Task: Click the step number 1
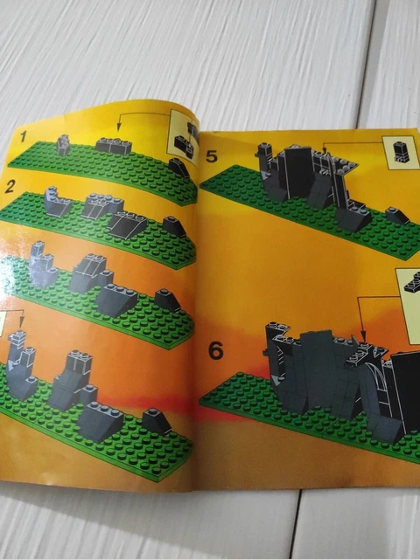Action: [x=24, y=136]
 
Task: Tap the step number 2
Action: [x=10, y=187]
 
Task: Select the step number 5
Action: [x=212, y=156]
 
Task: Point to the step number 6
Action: [x=216, y=350]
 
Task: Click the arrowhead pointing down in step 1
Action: [x=119, y=127]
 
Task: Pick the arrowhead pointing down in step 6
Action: [x=363, y=335]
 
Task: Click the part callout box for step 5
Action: [x=400, y=153]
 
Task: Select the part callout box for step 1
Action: [x=184, y=138]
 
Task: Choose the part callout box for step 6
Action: [x=409, y=307]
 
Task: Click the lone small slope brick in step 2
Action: [x=174, y=227]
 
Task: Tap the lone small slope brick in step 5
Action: [x=397, y=216]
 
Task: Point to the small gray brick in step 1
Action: [x=63, y=145]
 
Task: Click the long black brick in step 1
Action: [x=114, y=146]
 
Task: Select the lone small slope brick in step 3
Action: [x=167, y=300]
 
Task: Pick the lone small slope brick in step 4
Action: [x=157, y=422]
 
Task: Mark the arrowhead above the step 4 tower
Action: [x=22, y=322]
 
